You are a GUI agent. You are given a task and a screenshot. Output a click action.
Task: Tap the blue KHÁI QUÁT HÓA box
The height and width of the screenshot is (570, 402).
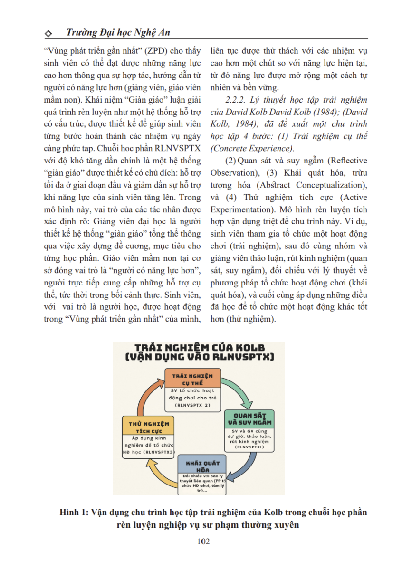[x=200, y=465]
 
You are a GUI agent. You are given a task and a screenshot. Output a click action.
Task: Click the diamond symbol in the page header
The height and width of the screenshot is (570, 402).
[x=47, y=34]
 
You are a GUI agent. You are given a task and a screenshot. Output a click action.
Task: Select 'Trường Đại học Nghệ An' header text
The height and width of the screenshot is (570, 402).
[x=118, y=33]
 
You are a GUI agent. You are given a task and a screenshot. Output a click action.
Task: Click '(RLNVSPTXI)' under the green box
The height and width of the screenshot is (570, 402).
[x=249, y=447]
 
